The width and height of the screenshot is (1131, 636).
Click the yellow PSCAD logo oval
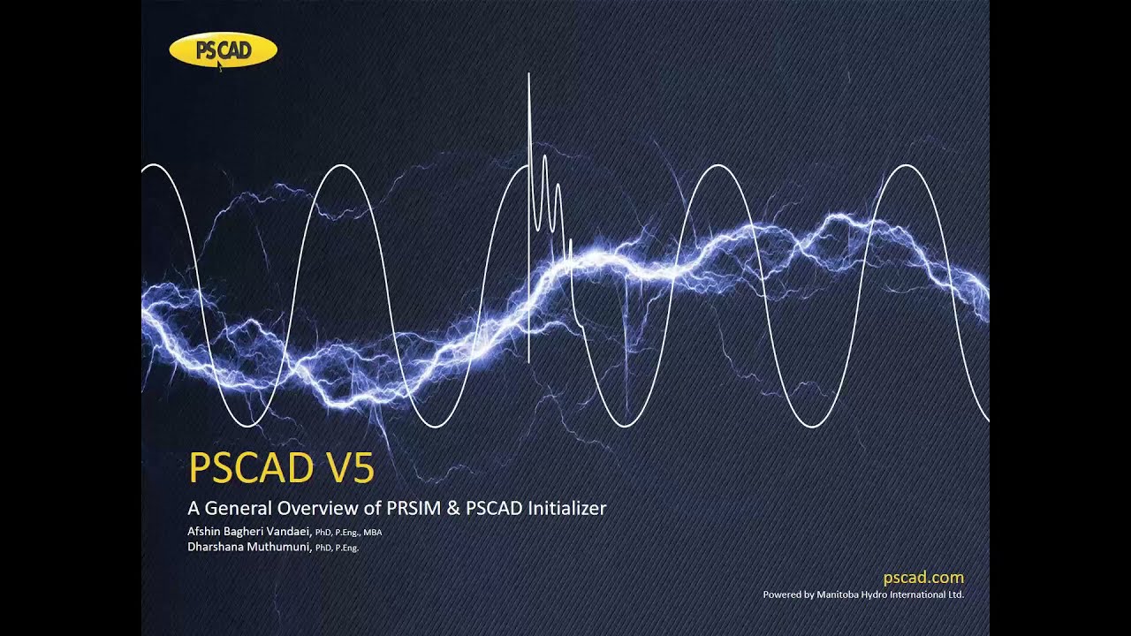[223, 49]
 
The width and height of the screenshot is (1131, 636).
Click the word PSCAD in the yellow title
[251, 468]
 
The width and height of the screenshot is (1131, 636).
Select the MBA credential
[372, 533]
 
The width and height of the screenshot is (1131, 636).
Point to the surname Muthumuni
[280, 547]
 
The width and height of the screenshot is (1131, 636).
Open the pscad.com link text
[923, 578]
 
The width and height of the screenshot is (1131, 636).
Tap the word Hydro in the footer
[885, 594]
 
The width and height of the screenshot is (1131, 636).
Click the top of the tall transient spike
[528, 76]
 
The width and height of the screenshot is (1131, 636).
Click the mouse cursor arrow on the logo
[219, 64]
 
